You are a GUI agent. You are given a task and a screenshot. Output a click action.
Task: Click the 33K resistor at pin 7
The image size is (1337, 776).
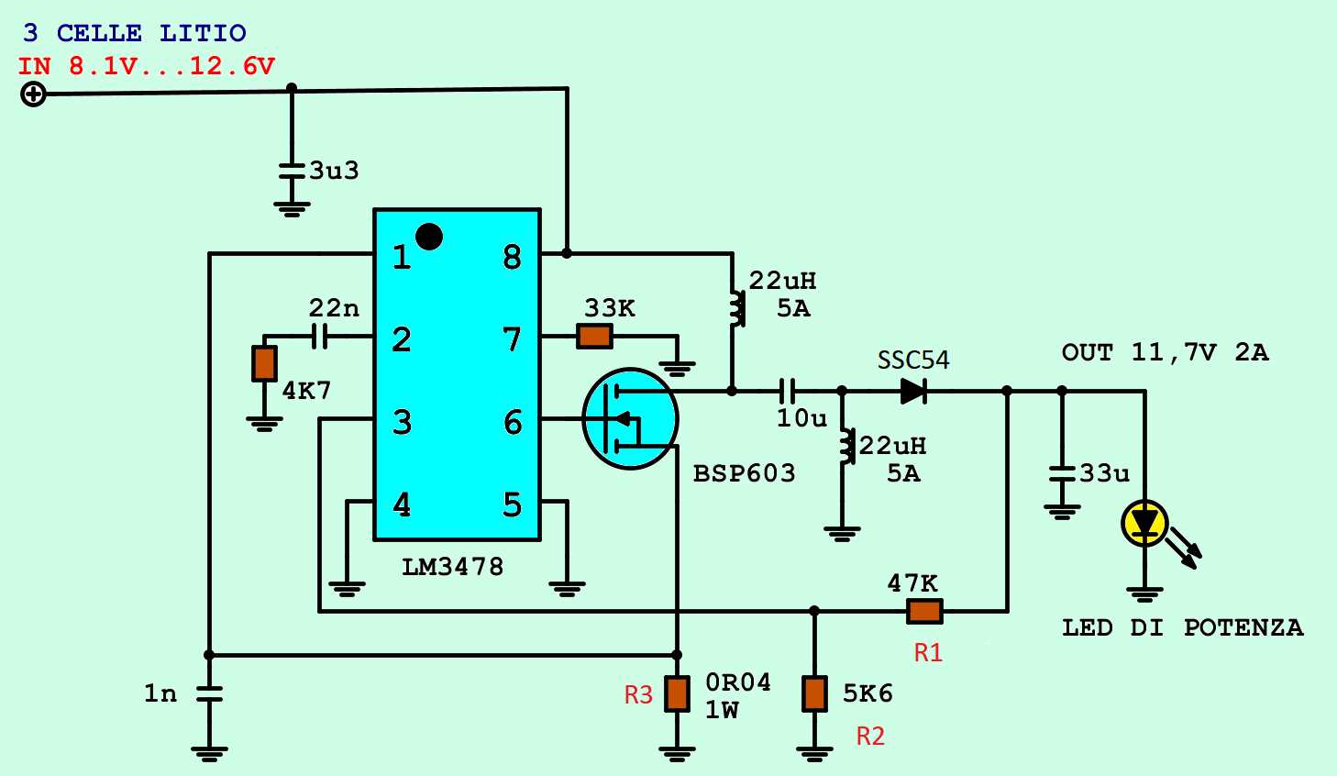pos(594,337)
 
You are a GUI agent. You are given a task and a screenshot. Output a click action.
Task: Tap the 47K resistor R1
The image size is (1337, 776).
pos(924,611)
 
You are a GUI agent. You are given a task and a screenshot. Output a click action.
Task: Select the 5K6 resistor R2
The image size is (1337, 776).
pos(814,693)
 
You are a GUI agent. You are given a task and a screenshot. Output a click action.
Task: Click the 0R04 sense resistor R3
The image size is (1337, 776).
pos(677,693)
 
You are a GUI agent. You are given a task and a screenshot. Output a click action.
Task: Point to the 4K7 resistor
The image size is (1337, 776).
pos(264,363)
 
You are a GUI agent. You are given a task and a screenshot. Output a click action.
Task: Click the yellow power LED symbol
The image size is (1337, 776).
pos(1144,524)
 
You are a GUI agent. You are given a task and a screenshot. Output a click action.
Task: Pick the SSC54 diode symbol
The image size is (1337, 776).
pos(912,392)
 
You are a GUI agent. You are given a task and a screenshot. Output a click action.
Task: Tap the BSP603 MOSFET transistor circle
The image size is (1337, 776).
pos(630,419)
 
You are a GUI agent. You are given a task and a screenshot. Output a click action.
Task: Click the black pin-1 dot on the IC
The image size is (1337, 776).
pos(429,237)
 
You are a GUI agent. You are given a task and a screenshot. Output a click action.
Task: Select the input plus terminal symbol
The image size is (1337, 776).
pos(33,94)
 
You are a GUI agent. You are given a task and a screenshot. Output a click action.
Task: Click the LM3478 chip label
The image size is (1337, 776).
pos(453,567)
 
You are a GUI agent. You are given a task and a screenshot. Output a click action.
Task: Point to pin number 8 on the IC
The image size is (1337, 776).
pos(512,258)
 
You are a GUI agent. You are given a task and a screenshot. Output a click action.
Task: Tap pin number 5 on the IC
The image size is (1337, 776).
pos(512,504)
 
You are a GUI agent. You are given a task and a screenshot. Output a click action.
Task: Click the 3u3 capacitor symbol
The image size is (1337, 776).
pos(292,171)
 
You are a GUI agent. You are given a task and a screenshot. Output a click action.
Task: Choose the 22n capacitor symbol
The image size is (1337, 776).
pos(319,337)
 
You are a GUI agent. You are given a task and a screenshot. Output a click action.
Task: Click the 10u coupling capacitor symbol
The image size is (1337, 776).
pos(787,392)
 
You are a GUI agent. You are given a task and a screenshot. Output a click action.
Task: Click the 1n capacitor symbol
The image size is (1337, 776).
pos(209,693)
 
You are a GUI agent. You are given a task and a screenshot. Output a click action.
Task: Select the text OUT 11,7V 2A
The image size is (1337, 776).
pos(1165,353)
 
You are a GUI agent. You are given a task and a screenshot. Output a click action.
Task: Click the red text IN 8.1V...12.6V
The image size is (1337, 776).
pos(147,66)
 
